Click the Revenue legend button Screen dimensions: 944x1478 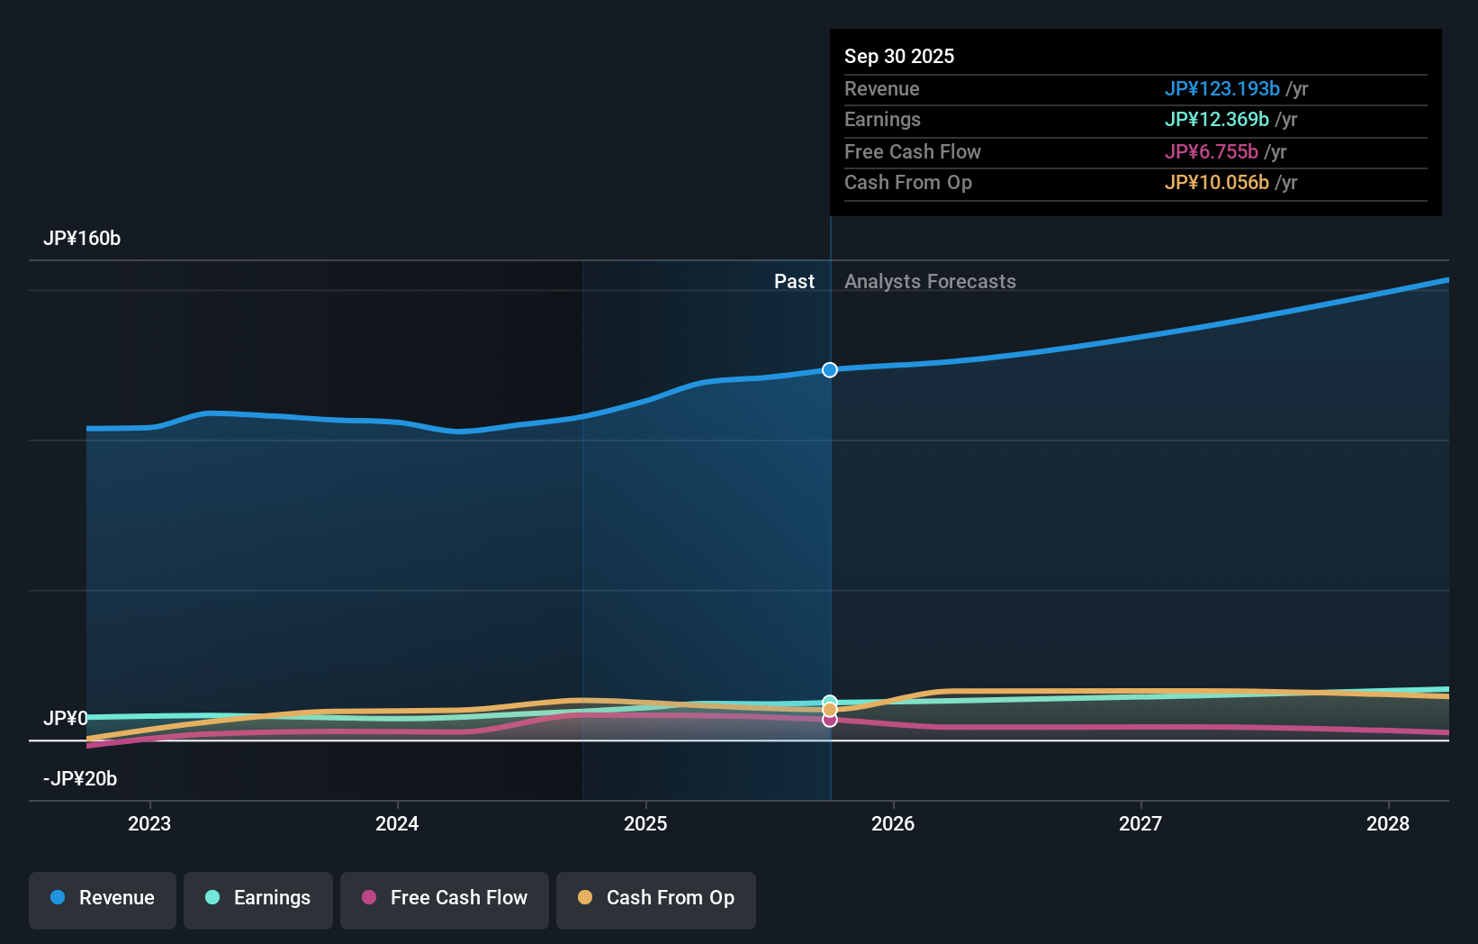tap(103, 898)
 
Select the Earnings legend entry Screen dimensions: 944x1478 tap(258, 898)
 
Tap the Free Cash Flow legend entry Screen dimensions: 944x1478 tap(445, 898)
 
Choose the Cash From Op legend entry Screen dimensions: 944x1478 tap(656, 898)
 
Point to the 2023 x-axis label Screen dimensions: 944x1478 tap(149, 823)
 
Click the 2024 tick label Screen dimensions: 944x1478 tap(397, 823)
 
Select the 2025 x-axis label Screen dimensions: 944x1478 tap(645, 823)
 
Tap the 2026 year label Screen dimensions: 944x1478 tap(893, 823)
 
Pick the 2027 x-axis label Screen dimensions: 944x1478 tap(1140, 823)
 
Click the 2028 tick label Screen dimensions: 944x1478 tap(1388, 823)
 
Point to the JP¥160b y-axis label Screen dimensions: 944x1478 tap(82, 239)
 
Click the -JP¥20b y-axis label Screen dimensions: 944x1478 tap(80, 779)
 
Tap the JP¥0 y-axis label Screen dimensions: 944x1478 tap(65, 719)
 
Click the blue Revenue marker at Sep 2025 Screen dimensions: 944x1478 tap(830, 370)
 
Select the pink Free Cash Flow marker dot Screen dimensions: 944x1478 tap(830, 721)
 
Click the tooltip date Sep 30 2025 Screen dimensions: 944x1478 tap(899, 57)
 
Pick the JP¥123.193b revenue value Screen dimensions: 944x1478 tap(1221, 89)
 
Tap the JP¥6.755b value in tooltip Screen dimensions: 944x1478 tap(1211, 152)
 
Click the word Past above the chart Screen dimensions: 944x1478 tap(794, 282)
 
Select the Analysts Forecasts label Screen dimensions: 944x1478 tap(930, 282)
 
